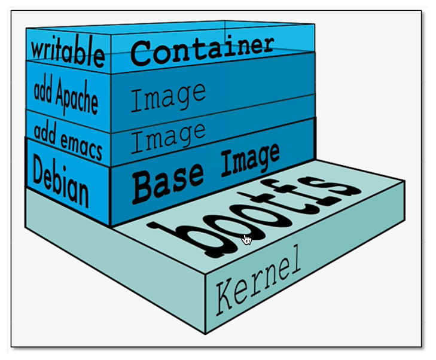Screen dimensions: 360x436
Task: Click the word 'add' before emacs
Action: pos(45,132)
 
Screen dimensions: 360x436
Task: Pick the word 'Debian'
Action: pos(60,179)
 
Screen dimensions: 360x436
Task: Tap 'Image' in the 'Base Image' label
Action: pos(250,158)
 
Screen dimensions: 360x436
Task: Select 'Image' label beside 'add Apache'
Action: pos(167,96)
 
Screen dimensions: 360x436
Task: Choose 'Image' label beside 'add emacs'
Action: pos(167,136)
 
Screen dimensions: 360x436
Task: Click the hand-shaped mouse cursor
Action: pos(247,240)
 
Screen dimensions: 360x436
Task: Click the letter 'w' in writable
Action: pos(39,48)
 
